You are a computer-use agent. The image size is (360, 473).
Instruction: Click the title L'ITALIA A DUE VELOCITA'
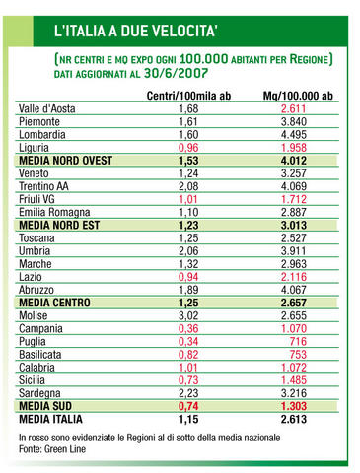(x=135, y=31)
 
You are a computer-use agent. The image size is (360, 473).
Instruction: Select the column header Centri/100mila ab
(x=188, y=96)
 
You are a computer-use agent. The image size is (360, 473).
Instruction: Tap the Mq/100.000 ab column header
(x=298, y=96)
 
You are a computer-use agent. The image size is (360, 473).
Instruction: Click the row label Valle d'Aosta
(x=47, y=108)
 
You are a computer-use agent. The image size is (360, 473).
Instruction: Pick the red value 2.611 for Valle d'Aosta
(x=294, y=108)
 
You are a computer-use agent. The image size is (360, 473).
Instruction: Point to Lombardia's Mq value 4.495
(x=294, y=135)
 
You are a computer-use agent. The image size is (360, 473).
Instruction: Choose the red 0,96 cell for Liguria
(x=188, y=148)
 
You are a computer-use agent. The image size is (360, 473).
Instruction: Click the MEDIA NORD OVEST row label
(x=66, y=161)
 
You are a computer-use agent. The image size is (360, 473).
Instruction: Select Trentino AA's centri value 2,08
(x=188, y=186)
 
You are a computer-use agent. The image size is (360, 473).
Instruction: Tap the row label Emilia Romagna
(x=54, y=212)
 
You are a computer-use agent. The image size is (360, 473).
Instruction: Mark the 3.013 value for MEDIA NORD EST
(x=294, y=225)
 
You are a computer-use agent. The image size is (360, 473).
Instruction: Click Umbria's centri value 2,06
(x=188, y=251)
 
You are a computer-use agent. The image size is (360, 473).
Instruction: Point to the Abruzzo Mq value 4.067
(x=294, y=290)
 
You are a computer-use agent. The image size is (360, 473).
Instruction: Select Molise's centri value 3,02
(x=188, y=315)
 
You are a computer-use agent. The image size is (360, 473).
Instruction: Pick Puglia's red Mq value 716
(x=298, y=341)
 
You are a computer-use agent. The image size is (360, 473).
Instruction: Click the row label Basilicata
(x=40, y=355)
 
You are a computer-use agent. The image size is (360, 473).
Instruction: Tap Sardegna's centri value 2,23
(x=188, y=393)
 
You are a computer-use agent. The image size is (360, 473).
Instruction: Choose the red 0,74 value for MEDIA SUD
(x=188, y=406)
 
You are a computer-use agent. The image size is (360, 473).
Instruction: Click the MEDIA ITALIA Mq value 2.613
(x=294, y=419)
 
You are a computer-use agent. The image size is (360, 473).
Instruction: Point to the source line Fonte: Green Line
(x=52, y=449)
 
